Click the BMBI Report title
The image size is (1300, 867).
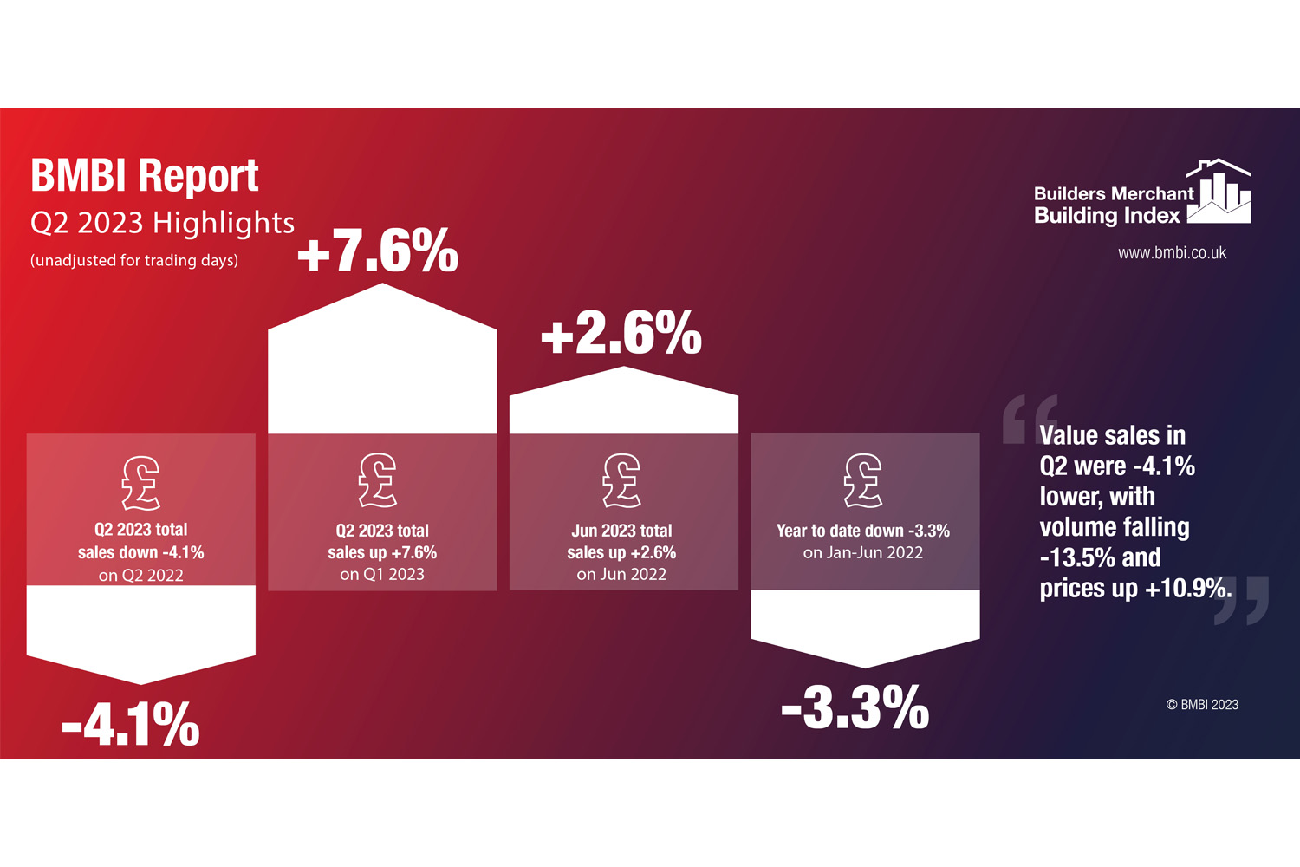pyautogui.click(x=145, y=176)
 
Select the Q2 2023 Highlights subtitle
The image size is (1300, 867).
pyautogui.click(x=162, y=223)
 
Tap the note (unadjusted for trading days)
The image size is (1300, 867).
pyautogui.click(x=134, y=260)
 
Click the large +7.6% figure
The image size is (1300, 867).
pyautogui.click(x=378, y=251)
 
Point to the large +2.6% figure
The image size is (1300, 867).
pyautogui.click(x=621, y=333)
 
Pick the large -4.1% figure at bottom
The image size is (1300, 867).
pyautogui.click(x=131, y=724)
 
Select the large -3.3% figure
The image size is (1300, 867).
pyautogui.click(x=855, y=707)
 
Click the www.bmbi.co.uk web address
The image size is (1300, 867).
pyautogui.click(x=1172, y=253)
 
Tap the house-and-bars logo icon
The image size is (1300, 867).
pyautogui.click(x=1219, y=192)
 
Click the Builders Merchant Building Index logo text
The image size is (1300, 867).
pyautogui.click(x=1113, y=205)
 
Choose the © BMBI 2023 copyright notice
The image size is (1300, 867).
pyautogui.click(x=1202, y=705)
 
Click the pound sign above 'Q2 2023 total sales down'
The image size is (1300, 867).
pyautogui.click(x=140, y=483)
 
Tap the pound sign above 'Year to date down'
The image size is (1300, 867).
pyautogui.click(x=863, y=480)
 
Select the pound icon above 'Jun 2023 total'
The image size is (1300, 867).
pyautogui.click(x=621, y=480)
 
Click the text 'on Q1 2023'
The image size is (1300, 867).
pyautogui.click(x=382, y=575)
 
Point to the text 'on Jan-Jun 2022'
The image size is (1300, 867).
pyautogui.click(x=863, y=553)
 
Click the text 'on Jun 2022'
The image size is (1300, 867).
pyautogui.click(x=621, y=575)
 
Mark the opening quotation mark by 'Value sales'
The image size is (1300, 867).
pyautogui.click(x=1029, y=419)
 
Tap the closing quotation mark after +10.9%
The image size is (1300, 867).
pyautogui.click(x=1242, y=600)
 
